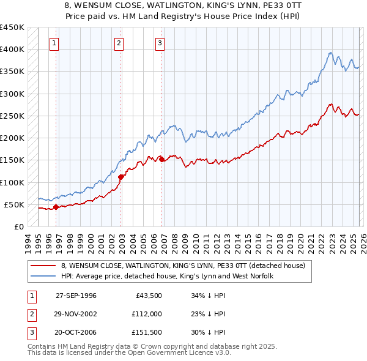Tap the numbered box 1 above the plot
pos(55,43)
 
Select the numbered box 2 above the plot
pos(119,43)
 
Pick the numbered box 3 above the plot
pos(160,43)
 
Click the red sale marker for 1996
pos(56,207)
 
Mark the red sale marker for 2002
pos(120,177)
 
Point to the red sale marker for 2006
pos(161,159)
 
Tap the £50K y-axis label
pos(15,204)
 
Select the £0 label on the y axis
pos(19,226)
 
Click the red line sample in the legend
pos(44,266)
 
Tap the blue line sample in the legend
pos(44,277)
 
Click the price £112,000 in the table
pos(146,314)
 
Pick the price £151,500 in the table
pos(146,333)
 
